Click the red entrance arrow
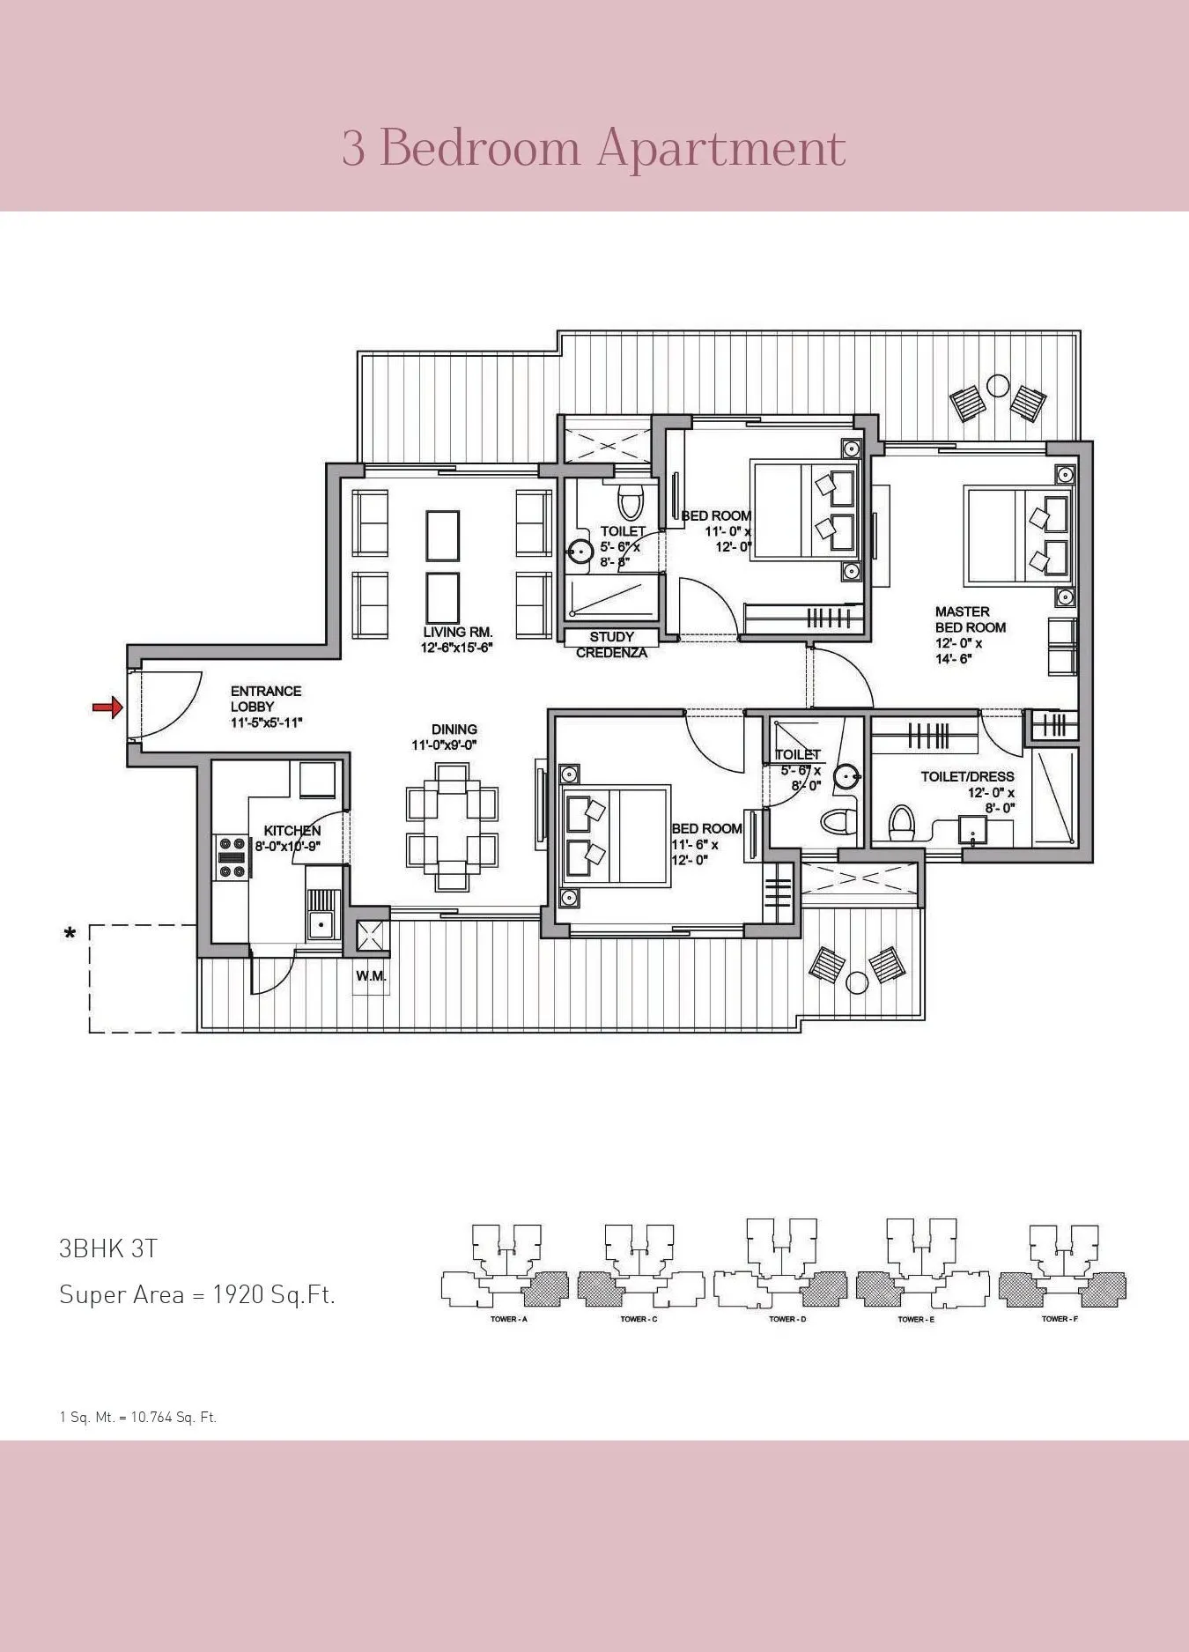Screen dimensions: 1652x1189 (x=107, y=707)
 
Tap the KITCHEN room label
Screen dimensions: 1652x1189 (x=292, y=830)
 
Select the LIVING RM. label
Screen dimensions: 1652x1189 (x=457, y=632)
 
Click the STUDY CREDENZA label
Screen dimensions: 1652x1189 (x=611, y=645)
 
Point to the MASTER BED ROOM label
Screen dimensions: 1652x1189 (x=970, y=619)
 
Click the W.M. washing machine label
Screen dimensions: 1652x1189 (x=371, y=976)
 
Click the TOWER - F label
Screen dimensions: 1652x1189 (x=1060, y=1319)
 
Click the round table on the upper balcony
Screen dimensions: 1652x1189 (x=998, y=386)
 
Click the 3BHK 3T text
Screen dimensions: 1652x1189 (x=108, y=1248)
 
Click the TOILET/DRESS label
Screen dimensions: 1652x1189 (x=967, y=776)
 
